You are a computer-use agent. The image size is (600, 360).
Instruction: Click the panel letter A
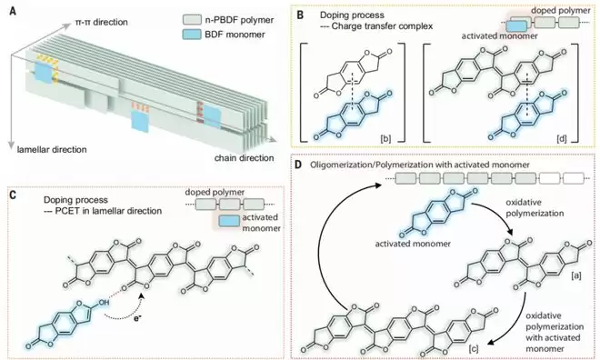pos(14,12)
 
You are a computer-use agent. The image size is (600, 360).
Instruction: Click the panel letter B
pos(300,15)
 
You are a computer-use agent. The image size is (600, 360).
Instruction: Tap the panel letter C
pos(13,195)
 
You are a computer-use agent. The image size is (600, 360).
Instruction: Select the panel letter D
pos(299,165)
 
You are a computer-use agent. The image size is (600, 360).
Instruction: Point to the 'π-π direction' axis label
pos(100,22)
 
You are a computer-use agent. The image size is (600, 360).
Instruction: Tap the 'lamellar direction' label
pos(52,149)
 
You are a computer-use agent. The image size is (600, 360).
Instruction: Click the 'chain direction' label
pos(244,157)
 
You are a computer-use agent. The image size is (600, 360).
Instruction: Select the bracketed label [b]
pos(385,138)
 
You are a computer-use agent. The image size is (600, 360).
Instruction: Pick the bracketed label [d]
pos(562,138)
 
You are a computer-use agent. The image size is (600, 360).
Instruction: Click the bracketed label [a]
pos(575,275)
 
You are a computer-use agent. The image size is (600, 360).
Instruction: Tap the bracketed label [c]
pos(474,348)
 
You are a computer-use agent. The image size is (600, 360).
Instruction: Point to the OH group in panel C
pos(103,303)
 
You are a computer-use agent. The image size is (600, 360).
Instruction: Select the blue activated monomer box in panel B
pos(516,25)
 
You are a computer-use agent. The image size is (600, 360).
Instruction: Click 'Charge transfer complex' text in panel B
pos(382,26)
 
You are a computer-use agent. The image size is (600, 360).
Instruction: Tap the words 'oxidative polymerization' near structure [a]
pos(535,208)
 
